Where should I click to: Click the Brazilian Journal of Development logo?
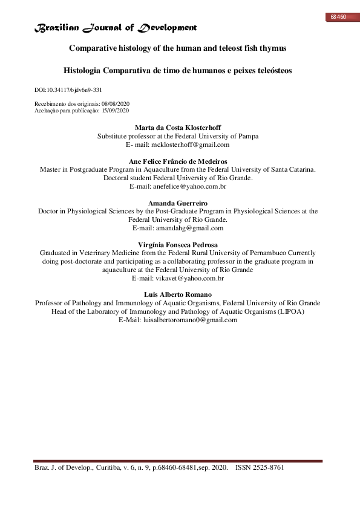[115, 28]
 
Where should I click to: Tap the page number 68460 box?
[338, 17]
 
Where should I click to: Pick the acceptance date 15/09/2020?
[114, 111]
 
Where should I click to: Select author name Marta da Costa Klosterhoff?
[178, 128]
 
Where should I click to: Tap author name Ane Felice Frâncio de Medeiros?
[178, 161]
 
